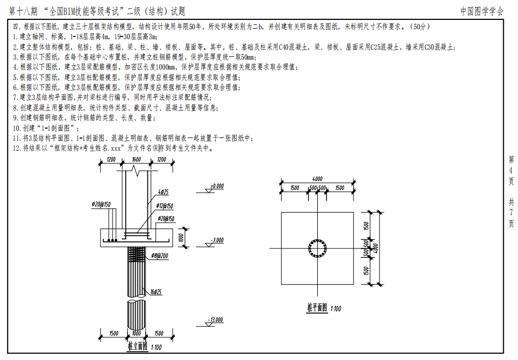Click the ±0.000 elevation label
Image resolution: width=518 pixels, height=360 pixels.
pyautogui.click(x=217, y=186)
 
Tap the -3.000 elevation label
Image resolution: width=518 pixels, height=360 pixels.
pyautogui.click(x=217, y=240)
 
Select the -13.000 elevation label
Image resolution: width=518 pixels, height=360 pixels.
pyautogui.click(x=215, y=320)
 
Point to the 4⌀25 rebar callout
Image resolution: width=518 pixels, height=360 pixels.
pyautogui.click(x=163, y=192)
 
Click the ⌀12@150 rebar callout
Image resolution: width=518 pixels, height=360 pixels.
pyautogui.click(x=164, y=206)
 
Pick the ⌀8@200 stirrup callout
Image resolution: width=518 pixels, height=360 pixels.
pyautogui.click(x=160, y=256)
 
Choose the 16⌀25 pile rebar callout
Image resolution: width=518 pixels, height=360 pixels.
pyautogui.click(x=156, y=292)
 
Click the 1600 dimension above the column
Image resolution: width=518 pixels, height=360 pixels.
pyautogui.click(x=136, y=160)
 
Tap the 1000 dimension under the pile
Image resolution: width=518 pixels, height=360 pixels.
pyautogui.click(x=136, y=333)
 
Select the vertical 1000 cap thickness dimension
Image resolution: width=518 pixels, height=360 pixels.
pyautogui.click(x=181, y=237)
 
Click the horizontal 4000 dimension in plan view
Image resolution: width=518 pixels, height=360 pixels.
pyautogui.click(x=317, y=179)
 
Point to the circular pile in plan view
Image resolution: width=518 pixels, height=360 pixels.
pyautogui.click(x=317, y=248)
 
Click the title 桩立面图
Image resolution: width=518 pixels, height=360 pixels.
pyautogui.click(x=138, y=346)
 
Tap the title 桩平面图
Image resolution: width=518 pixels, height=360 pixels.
pyautogui.click(x=317, y=308)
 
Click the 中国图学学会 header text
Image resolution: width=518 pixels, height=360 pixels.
pyautogui.click(x=482, y=11)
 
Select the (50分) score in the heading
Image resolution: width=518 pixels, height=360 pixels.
pyautogui.click(x=420, y=27)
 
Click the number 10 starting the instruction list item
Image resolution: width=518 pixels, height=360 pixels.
pyautogui.click(x=17, y=128)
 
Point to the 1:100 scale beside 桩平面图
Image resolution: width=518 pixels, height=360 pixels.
pyautogui.click(x=335, y=309)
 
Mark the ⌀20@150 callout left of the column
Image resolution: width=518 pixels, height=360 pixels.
pyautogui.click(x=101, y=205)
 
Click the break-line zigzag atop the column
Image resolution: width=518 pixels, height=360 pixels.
pyautogui.click(x=136, y=171)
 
